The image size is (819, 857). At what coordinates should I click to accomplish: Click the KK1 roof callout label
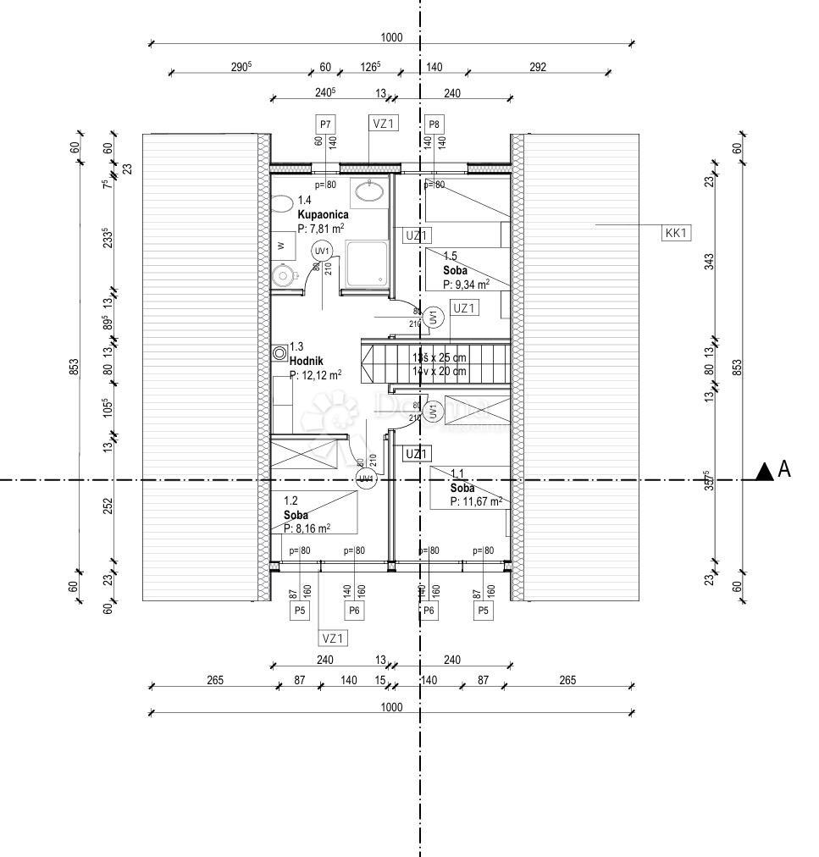point(675,233)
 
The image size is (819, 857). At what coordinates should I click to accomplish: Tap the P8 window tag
point(434,124)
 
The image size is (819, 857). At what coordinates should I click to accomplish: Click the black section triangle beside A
point(765,472)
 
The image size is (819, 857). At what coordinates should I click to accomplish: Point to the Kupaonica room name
point(323,215)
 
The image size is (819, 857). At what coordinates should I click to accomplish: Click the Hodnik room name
point(307,361)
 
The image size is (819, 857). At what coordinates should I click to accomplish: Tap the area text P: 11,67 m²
point(472,501)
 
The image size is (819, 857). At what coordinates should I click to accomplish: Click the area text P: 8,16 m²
point(307,528)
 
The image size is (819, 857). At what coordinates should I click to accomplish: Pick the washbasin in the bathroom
point(370,191)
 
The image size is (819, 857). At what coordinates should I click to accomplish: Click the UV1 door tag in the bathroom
point(322,252)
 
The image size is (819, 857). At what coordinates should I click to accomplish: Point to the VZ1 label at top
point(383,124)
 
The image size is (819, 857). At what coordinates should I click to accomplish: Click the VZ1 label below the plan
point(333,638)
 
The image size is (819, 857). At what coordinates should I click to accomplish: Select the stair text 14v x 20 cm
point(439,371)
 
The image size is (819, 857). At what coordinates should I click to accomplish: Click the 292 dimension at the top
point(537,68)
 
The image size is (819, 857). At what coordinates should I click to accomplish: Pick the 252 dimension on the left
point(107,506)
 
